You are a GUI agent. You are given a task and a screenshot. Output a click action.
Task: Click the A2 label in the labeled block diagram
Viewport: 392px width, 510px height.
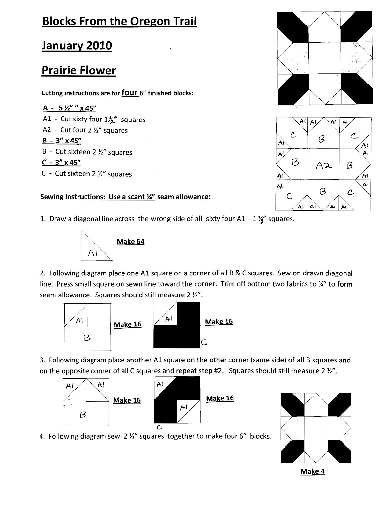(324, 166)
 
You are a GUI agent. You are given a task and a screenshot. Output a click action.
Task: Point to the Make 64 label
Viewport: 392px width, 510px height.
(130, 242)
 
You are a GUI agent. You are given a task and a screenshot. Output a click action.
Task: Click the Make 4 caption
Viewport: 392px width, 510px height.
(312, 471)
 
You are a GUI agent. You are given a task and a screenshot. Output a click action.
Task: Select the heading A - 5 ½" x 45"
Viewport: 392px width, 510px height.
(70, 108)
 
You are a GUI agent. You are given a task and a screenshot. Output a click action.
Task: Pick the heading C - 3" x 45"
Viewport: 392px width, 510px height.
(61, 163)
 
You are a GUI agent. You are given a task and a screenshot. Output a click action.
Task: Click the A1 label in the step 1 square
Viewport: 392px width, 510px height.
(92, 253)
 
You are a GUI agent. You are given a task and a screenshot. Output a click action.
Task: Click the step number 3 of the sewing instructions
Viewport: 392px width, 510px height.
(42, 360)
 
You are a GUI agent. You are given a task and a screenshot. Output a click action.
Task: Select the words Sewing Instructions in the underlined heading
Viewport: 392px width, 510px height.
(73, 197)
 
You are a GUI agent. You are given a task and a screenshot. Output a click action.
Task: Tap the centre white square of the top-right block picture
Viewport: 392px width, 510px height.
(325, 58)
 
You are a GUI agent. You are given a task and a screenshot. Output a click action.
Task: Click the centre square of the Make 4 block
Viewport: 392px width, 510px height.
(316, 428)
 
